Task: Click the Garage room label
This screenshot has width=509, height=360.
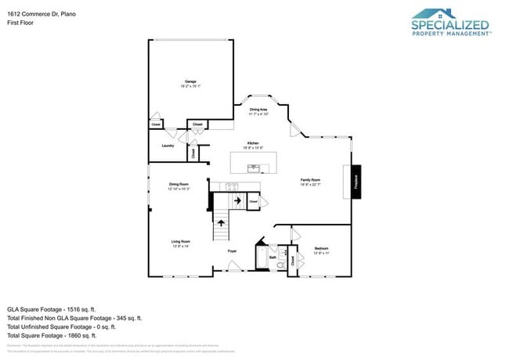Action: click(190, 81)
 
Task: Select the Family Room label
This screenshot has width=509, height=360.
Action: click(311, 180)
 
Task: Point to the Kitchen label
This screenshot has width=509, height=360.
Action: click(252, 143)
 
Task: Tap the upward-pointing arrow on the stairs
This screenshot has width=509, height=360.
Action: click(221, 223)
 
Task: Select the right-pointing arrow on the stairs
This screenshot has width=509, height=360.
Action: click(236, 201)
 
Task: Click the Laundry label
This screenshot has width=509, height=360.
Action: click(167, 146)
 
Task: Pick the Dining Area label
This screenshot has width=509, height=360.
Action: click(258, 110)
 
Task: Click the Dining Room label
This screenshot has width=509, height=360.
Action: click(179, 185)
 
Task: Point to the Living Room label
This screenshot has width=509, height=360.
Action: click(181, 242)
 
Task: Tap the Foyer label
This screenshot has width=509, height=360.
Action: click(232, 250)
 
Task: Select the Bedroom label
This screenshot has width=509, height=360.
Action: click(321, 248)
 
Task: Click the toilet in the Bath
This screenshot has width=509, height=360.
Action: click(280, 265)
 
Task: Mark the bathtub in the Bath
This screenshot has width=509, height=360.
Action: click(260, 258)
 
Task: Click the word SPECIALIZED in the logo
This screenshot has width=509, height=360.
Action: click(450, 25)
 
